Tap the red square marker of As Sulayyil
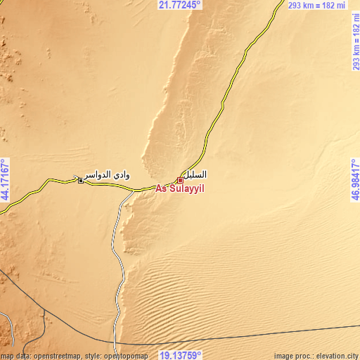181,180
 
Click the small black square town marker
81,181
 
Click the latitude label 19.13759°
180,355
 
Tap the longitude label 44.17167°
6,180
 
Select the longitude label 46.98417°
354,180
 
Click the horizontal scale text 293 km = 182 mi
316,5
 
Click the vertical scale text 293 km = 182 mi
354,42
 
